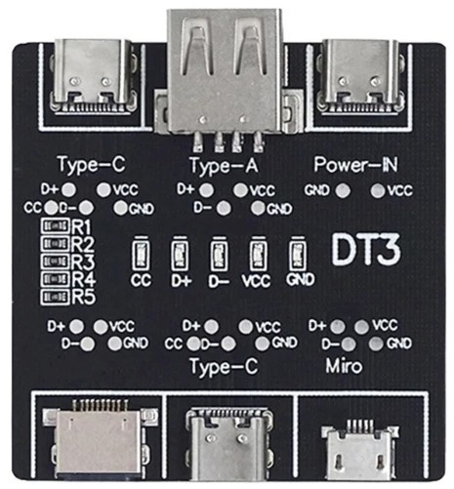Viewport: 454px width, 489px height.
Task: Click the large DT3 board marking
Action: (366, 249)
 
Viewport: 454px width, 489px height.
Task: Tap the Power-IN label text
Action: (355, 165)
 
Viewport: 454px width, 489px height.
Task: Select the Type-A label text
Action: (224, 165)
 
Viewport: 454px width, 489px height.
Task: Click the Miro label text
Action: (344, 366)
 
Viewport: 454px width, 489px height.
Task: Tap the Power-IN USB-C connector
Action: (360, 77)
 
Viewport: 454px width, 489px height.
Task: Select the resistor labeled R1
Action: (56, 225)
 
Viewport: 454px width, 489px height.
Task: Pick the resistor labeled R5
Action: (56, 297)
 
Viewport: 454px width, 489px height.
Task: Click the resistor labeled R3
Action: (56, 261)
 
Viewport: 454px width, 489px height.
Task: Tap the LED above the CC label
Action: (141, 254)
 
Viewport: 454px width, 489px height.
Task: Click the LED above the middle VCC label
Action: (259, 254)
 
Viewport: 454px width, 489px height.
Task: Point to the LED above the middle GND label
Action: (298, 254)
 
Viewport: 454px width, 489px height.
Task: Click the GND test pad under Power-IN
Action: (343, 190)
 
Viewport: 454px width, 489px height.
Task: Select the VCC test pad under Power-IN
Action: (378, 190)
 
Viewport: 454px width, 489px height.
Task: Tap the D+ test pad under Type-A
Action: (206, 190)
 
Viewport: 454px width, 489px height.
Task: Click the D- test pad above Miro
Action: (349, 345)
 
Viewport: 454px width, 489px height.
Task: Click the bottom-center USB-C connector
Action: (229, 444)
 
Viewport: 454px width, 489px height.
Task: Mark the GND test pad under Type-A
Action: (258, 208)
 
